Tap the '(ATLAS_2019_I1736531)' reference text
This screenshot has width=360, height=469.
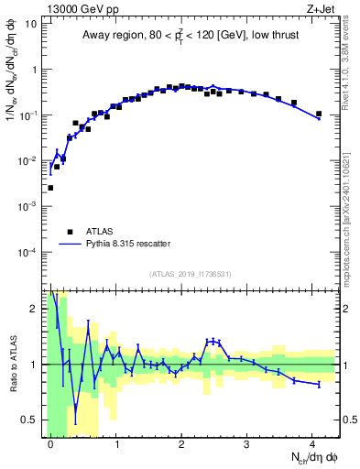click(191, 274)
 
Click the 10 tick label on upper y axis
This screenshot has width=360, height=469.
click(31, 24)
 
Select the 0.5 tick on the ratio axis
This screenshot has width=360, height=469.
click(29, 420)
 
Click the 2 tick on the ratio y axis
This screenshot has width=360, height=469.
click(34, 309)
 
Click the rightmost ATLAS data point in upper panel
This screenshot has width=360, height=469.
click(319, 115)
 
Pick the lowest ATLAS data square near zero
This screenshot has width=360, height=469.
click(50, 188)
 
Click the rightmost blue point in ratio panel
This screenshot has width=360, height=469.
click(319, 385)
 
